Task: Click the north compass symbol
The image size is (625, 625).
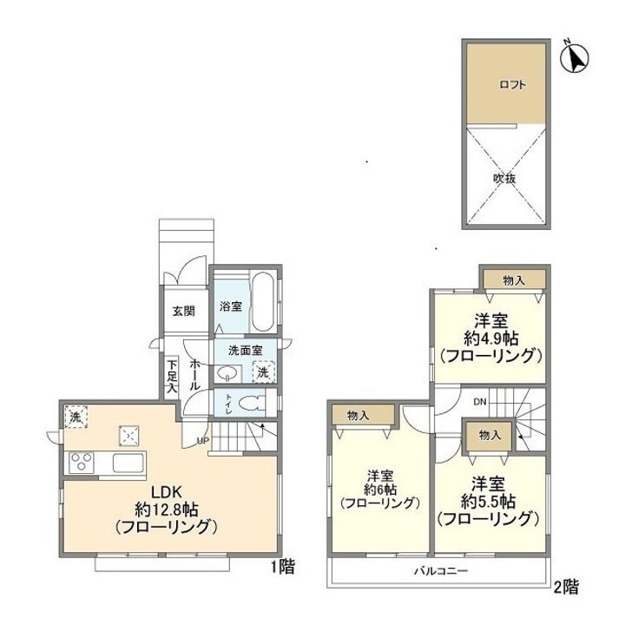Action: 575,58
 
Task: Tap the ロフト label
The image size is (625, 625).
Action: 512,84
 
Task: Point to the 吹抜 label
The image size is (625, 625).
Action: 504,178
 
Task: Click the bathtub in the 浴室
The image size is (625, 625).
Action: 264,301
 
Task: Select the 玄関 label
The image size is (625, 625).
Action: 184,311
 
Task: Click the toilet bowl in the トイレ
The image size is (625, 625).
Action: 253,403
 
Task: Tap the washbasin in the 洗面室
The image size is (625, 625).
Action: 227,373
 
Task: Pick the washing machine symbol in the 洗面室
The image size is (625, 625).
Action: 263,372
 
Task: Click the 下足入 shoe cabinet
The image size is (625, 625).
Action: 172,377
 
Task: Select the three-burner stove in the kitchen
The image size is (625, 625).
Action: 81,463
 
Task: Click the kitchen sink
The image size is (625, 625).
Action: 128,463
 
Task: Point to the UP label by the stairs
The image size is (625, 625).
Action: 203,441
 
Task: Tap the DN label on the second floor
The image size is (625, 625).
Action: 480,402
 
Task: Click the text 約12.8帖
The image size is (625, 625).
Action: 167,509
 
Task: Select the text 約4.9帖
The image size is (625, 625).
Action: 491,339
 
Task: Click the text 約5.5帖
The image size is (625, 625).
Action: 488,501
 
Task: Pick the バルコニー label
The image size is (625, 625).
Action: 440,571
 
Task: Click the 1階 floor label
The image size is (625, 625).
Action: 283,567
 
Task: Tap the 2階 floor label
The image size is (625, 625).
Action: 566,587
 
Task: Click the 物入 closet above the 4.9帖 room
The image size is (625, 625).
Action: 514,280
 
